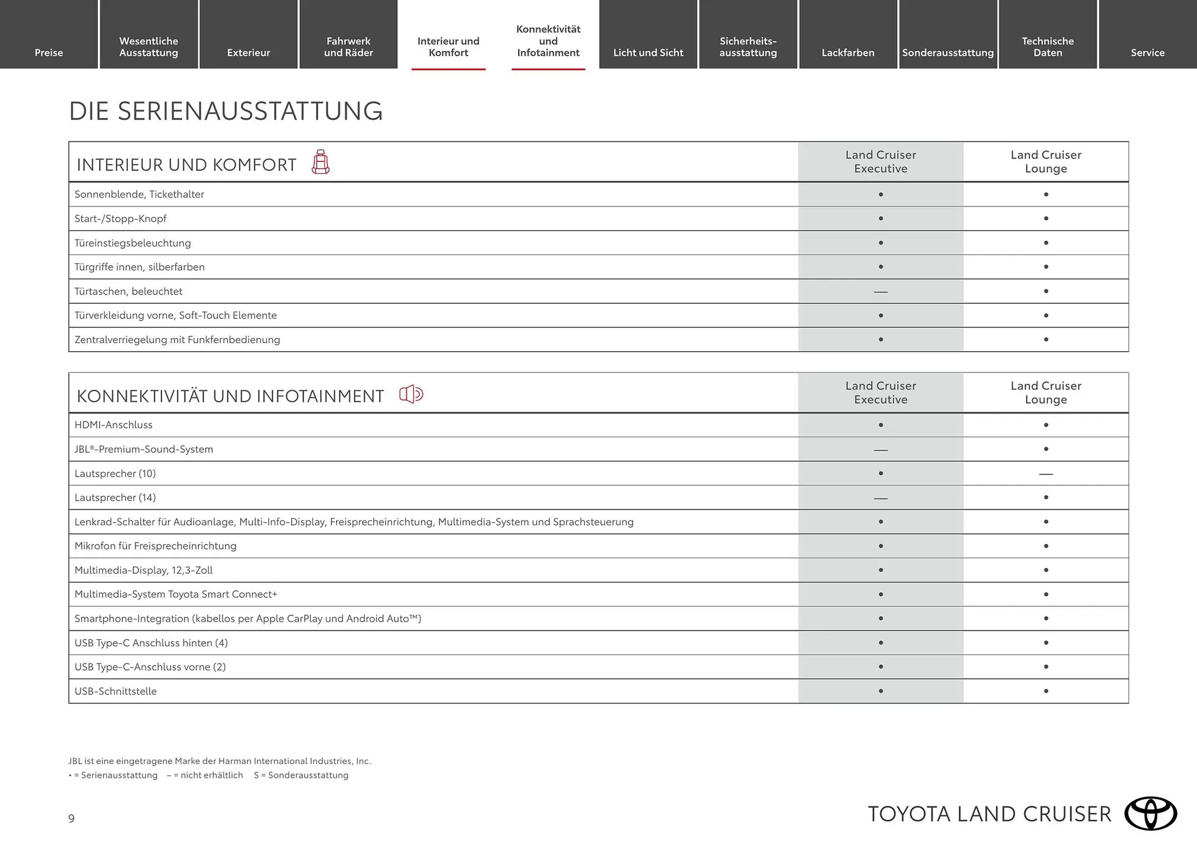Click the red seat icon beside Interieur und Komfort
coord(320,162)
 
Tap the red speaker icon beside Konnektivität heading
coord(411,394)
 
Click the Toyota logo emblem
coord(1150,813)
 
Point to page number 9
coord(72,818)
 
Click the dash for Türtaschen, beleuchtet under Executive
coord(880,291)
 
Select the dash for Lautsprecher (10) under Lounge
coord(1046,474)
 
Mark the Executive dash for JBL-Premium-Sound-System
coord(880,450)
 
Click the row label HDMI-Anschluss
coord(113,425)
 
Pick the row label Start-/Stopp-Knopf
coord(120,218)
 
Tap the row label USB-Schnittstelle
coord(115,691)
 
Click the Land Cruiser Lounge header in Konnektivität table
coord(1046,392)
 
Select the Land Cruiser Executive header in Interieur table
coord(880,162)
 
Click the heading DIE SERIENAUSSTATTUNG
coord(226,111)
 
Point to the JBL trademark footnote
coord(219,761)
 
